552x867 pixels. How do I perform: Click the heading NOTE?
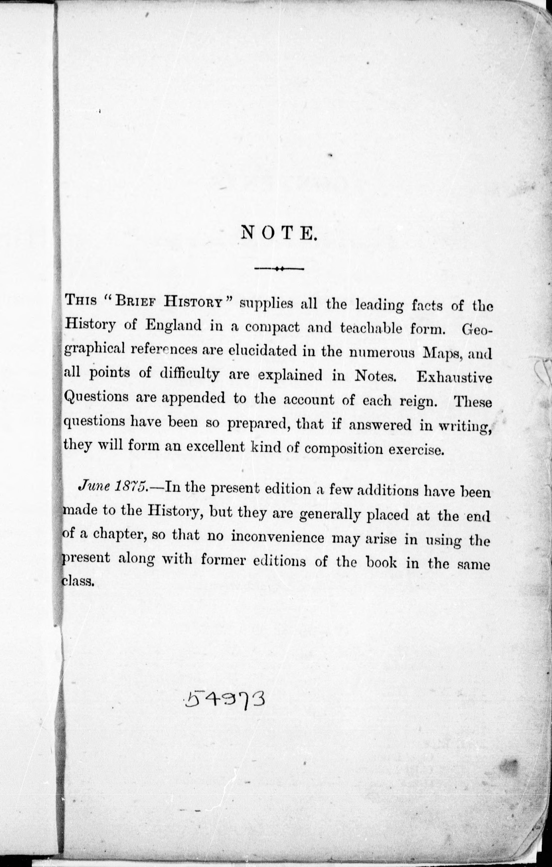coord(279,233)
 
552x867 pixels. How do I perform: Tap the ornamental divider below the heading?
coord(279,268)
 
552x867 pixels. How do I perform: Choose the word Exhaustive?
coord(454,377)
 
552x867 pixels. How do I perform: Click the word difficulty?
coord(189,375)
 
